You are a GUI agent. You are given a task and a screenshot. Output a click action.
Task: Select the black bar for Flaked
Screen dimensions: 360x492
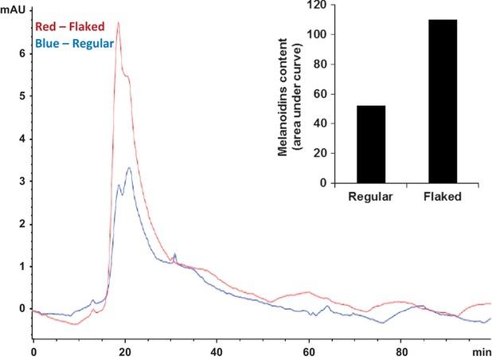click(443, 101)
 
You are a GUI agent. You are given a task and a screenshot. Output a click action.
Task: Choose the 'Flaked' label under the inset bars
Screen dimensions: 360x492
click(443, 195)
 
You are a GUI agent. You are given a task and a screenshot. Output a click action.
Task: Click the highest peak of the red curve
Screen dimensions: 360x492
click(119, 22)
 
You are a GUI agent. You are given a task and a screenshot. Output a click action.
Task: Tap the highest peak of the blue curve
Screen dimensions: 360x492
click(129, 168)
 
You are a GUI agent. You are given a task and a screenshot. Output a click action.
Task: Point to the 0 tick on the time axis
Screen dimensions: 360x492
click(33, 350)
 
